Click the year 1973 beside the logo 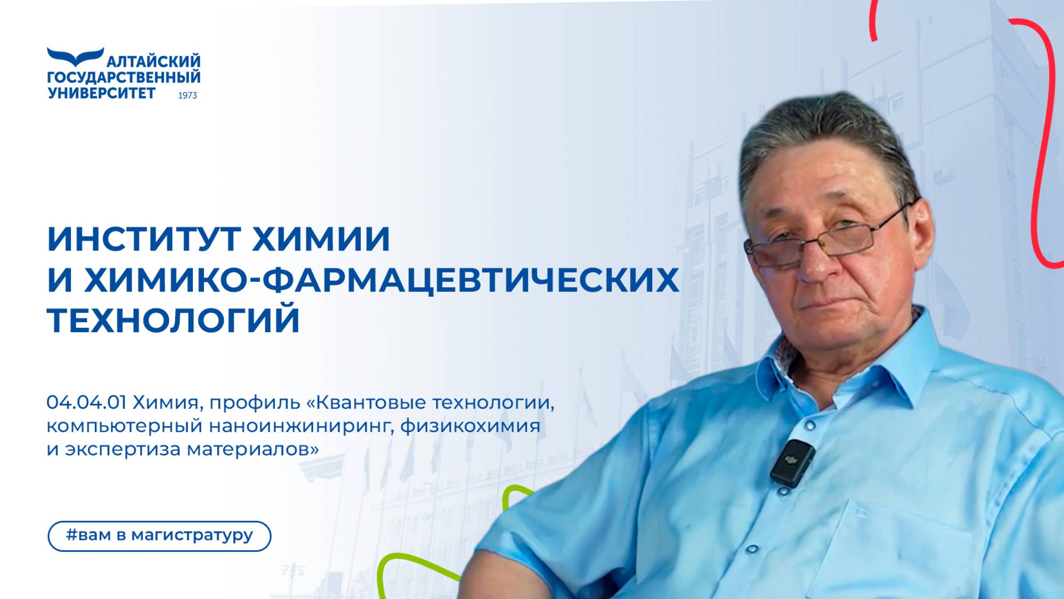188,95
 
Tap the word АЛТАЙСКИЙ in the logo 153,61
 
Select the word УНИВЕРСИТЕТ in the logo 102,93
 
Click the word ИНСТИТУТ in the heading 144,240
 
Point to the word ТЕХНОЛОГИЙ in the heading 173,320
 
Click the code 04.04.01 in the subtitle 86,403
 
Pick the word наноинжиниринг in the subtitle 301,426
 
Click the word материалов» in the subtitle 253,449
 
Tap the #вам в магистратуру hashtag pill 159,536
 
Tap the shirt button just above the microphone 810,426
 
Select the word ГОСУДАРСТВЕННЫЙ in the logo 124,78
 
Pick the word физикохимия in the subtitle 470,426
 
